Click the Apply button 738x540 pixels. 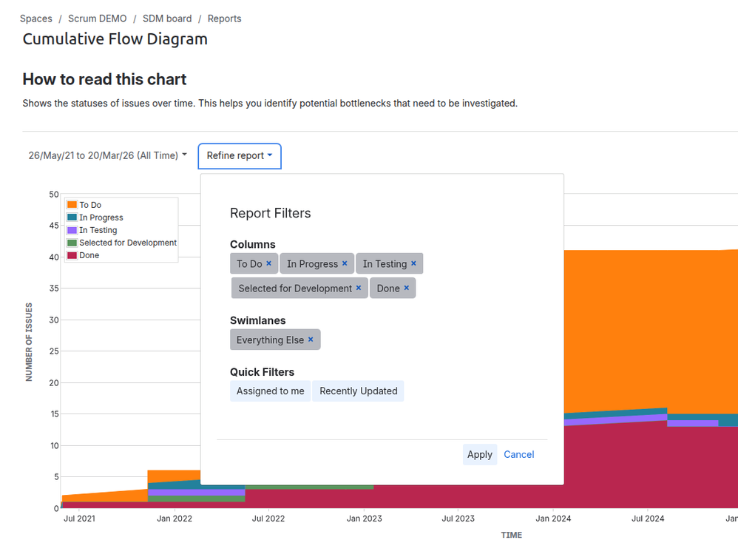coord(479,454)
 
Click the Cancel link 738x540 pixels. coord(518,454)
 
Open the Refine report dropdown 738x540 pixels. coord(240,155)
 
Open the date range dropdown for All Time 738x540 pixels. coord(107,155)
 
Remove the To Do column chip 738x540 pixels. coord(269,263)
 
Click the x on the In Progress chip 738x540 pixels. coord(345,263)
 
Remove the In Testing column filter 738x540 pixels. coord(413,263)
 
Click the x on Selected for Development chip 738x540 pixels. coord(359,288)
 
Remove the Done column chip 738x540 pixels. coord(407,288)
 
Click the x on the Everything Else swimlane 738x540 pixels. coord(311,340)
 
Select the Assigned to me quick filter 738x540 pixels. coord(270,391)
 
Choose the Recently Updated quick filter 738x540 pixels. coord(358,391)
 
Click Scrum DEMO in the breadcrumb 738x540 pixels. coord(98,18)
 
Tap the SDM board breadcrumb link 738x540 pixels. coord(167,18)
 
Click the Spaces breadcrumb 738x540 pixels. coord(35,18)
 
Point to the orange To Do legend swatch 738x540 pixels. coord(72,205)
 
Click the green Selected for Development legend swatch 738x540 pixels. coord(72,243)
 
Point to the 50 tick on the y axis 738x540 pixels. coord(54,195)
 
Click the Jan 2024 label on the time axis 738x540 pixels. coord(552,519)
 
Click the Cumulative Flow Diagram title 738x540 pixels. coord(115,39)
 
